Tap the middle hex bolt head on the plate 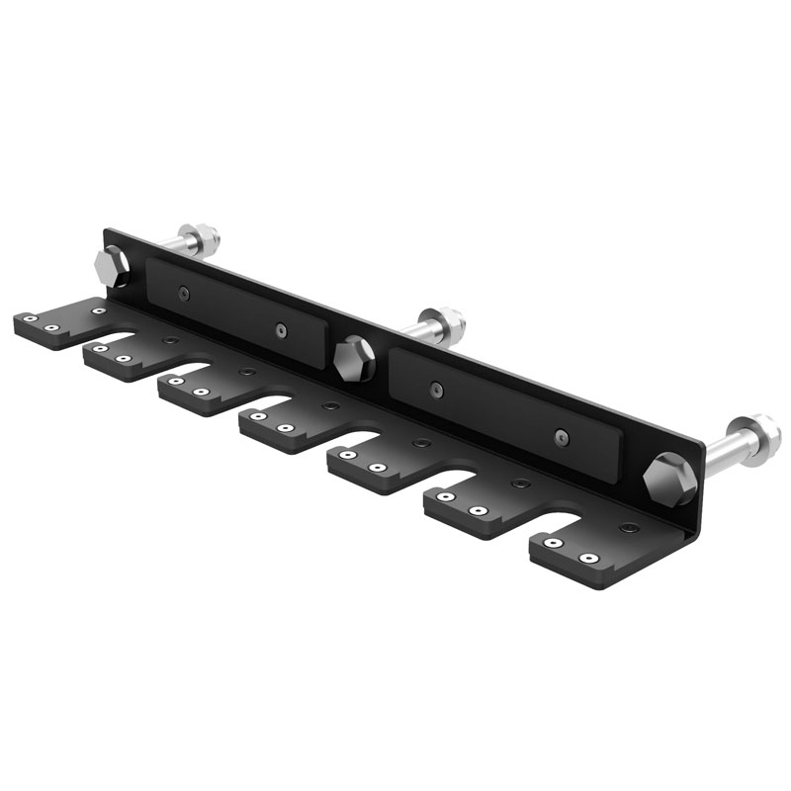coord(352,359)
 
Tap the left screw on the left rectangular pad coord(185,294)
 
